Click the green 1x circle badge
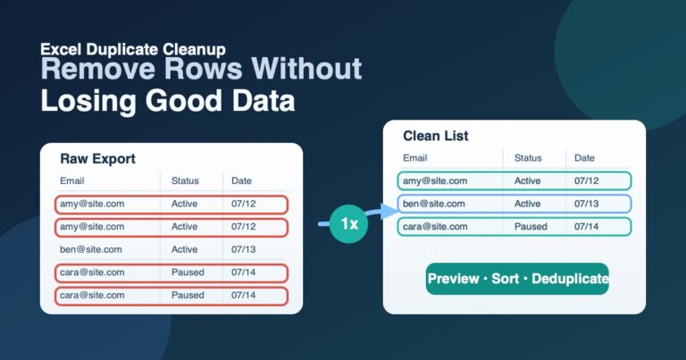pyautogui.click(x=348, y=223)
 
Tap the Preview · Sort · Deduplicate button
pyautogui.click(x=517, y=279)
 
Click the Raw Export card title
pyautogui.click(x=97, y=158)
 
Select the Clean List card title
pyautogui.click(x=435, y=136)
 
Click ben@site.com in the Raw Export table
pyautogui.click(x=90, y=249)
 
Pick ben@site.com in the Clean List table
pyautogui.click(x=433, y=204)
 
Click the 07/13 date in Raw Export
pyautogui.click(x=243, y=249)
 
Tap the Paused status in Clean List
pyautogui.click(x=531, y=227)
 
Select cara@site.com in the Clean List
pyautogui.click(x=435, y=227)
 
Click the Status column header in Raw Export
pyautogui.click(x=185, y=180)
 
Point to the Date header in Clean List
pyautogui.click(x=584, y=158)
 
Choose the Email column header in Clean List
pyautogui.click(x=414, y=158)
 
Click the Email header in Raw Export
pyautogui.click(x=71, y=180)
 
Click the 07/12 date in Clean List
pyautogui.click(x=586, y=180)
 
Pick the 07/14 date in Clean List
pyautogui.click(x=586, y=227)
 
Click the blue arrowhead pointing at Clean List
pyautogui.click(x=389, y=212)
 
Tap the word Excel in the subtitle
pyautogui.click(x=62, y=49)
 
